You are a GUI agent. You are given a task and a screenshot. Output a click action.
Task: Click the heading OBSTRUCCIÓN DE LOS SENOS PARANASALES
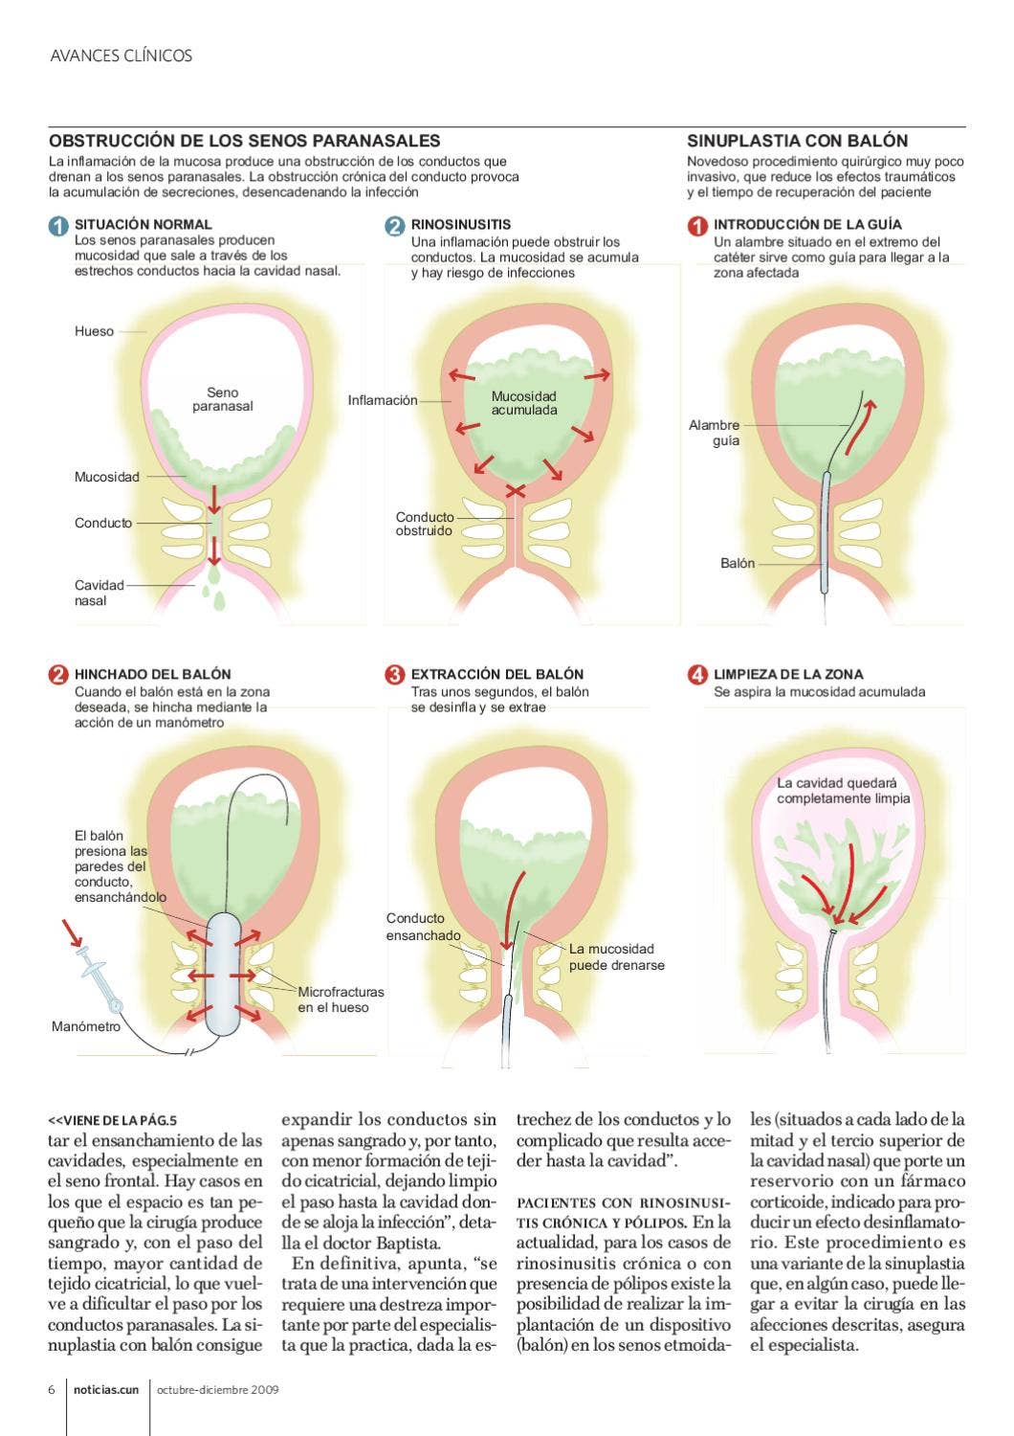tap(244, 141)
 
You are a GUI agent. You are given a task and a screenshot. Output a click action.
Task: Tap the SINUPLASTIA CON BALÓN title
tap(797, 141)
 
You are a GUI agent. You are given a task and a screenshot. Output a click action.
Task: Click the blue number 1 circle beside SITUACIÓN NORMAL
tap(58, 226)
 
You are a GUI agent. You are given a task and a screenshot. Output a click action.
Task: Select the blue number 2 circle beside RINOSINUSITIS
tap(395, 226)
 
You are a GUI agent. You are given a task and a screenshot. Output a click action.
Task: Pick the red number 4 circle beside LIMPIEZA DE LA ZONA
tap(697, 674)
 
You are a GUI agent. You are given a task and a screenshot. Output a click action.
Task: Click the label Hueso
tap(94, 331)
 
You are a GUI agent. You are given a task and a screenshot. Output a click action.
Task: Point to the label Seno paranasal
tap(222, 399)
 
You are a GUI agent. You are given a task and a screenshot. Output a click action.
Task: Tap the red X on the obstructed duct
tap(516, 491)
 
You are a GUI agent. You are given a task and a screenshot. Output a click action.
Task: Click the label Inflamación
tap(382, 400)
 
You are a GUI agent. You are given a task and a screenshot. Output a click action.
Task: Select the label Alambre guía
tap(715, 433)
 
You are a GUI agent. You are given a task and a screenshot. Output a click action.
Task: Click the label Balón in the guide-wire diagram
tap(737, 564)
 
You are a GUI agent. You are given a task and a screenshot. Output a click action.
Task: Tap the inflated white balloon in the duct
tap(222, 975)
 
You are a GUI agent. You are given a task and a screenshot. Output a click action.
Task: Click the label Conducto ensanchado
tap(423, 927)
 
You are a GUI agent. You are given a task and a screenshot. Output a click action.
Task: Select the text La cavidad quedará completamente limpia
tap(842, 791)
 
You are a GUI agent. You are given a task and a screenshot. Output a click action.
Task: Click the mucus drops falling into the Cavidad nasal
tap(215, 590)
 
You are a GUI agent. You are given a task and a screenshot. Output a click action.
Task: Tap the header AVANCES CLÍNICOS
tap(121, 56)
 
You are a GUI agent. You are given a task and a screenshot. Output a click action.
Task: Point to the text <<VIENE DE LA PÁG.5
tap(113, 1120)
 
